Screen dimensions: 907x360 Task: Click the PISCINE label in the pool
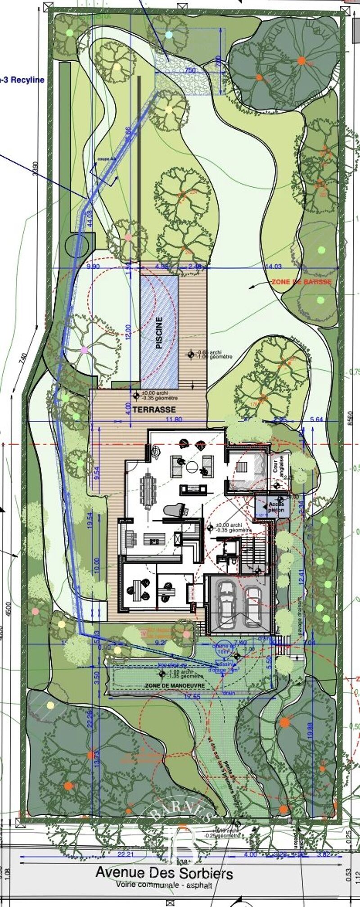coord(159,333)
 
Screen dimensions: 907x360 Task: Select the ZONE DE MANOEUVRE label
coord(175,685)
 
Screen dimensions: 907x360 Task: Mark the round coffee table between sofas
coord(192,466)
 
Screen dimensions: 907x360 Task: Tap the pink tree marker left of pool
coord(84,350)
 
